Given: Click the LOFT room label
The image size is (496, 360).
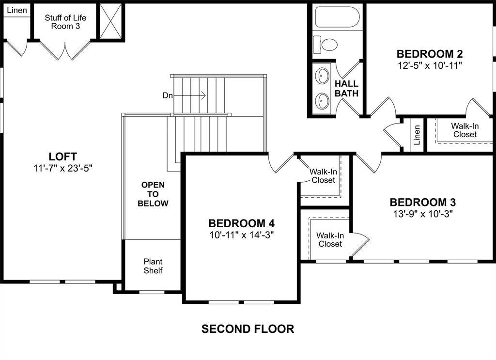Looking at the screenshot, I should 62,157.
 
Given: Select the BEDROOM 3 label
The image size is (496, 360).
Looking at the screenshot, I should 423,202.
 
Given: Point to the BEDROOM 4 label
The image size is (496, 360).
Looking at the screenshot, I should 241,223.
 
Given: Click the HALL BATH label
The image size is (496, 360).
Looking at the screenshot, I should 347,89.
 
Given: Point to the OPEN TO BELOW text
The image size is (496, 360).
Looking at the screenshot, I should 153,194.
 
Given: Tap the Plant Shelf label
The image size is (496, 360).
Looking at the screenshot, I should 153,266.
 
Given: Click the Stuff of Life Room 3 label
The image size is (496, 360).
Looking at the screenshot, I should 65,22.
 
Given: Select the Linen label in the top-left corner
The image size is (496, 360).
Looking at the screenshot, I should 17,10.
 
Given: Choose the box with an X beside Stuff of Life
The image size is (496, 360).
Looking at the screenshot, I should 111,20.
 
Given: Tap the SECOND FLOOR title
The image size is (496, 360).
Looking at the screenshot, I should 248,329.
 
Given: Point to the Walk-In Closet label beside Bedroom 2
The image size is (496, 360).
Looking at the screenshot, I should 465,130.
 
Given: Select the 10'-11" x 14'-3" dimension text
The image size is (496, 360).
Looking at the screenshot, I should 241,235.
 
